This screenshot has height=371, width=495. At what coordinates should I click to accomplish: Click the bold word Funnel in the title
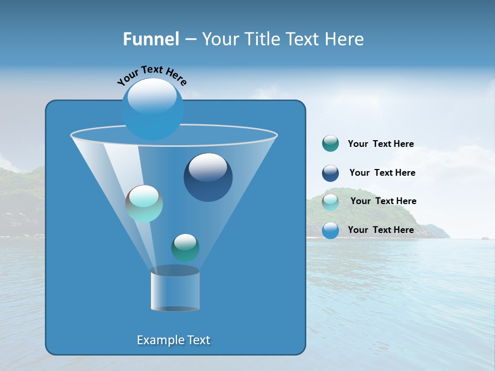151,39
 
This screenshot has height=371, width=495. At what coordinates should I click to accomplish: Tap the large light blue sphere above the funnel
153,109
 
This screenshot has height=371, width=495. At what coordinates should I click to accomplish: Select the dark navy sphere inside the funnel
208,178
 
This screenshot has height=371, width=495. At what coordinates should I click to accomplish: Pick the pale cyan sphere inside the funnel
144,204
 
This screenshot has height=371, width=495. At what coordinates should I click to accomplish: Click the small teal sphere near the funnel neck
185,247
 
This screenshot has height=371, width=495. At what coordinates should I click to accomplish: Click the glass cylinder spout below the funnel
175,290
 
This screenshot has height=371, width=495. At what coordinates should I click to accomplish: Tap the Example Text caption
173,340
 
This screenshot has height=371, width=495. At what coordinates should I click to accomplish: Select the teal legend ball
330,144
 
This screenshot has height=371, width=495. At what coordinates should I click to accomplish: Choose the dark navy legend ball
330,173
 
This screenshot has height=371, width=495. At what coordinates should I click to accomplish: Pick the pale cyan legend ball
330,202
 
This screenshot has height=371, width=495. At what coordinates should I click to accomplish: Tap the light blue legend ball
330,230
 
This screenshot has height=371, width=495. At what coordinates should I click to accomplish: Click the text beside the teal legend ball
381,144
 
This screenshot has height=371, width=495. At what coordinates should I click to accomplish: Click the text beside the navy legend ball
382,173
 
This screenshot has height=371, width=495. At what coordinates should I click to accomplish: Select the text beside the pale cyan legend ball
383,201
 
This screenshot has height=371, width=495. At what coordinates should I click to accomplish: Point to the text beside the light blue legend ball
381,230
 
